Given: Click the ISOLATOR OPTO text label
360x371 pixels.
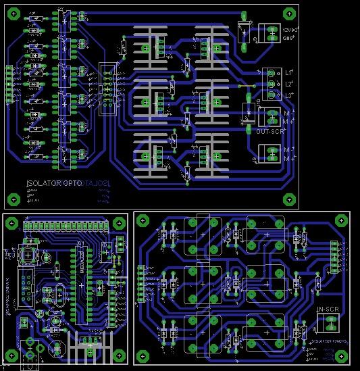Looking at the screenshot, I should click(53, 184).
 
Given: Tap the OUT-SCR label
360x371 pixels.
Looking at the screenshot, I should click(268, 131).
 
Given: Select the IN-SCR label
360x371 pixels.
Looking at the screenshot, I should click(328, 310).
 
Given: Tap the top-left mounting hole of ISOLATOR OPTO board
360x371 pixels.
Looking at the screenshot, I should click(13, 13).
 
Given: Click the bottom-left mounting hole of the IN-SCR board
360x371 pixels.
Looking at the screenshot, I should click(144, 356).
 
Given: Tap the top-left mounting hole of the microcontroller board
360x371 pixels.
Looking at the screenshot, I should click(11, 220).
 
